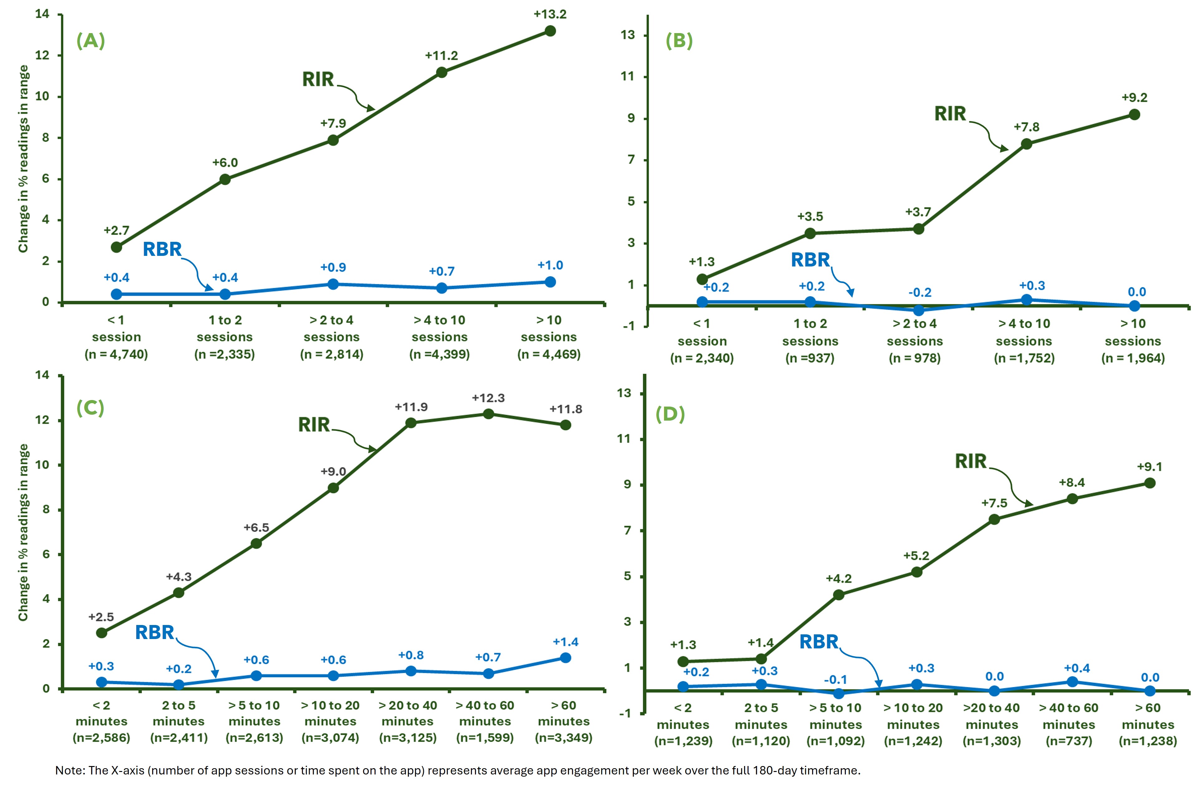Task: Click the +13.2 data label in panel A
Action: point(550,14)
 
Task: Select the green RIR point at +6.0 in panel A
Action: point(225,179)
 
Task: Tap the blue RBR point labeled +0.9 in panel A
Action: point(333,284)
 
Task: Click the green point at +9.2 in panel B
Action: point(1134,115)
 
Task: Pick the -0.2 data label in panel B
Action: point(920,292)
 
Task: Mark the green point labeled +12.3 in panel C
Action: point(488,414)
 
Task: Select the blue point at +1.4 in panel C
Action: point(566,658)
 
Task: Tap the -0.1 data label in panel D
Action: point(835,679)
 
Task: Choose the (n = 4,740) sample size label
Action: point(116,354)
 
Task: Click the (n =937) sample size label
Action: point(810,358)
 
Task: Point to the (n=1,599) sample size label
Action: point(485,738)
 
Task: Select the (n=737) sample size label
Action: point(1069,741)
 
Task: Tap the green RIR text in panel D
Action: point(970,461)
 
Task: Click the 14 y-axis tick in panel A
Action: point(42,14)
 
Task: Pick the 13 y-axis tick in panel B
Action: point(628,35)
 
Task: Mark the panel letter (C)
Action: point(90,408)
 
